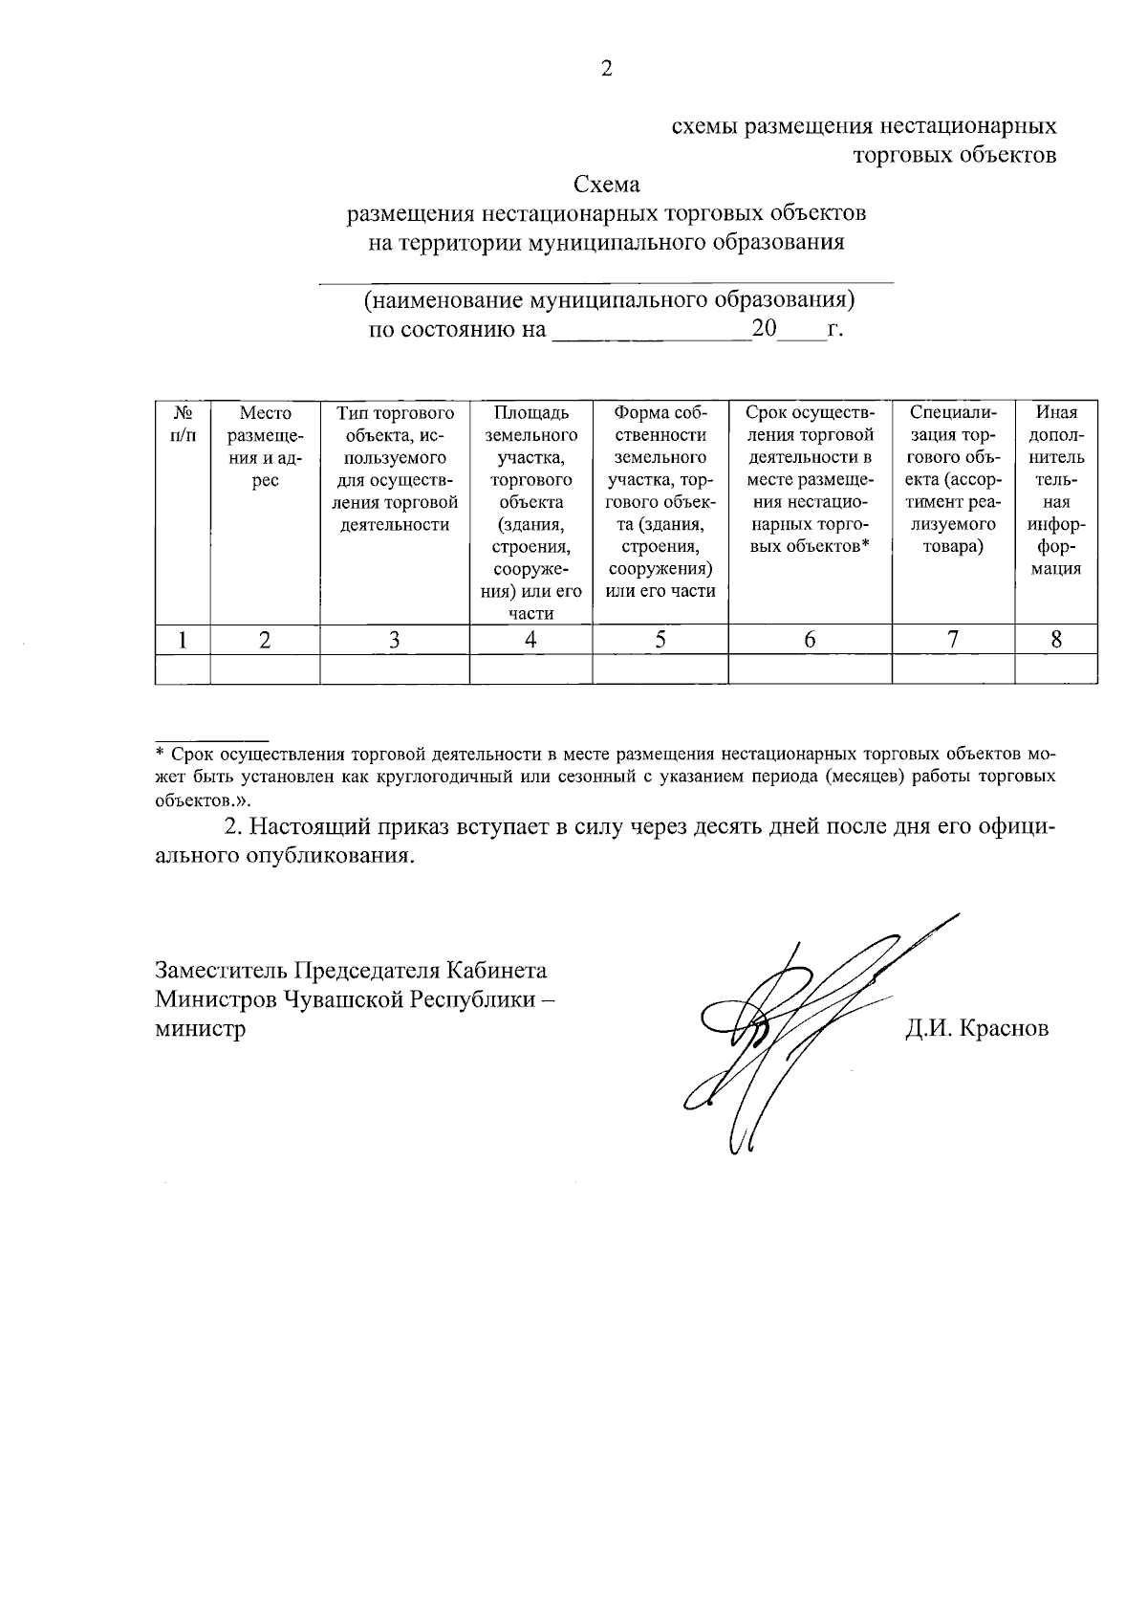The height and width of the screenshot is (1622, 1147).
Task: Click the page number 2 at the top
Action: [x=606, y=69]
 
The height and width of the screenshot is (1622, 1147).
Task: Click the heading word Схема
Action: [x=606, y=184]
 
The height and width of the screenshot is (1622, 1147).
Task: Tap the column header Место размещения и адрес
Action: [x=265, y=447]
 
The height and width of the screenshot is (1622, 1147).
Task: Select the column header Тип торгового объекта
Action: [x=394, y=469]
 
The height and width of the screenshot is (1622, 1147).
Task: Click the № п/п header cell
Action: [x=183, y=424]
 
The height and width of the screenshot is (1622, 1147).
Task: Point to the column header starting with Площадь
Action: [x=530, y=513]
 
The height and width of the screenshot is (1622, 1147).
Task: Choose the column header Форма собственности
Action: [x=660, y=502]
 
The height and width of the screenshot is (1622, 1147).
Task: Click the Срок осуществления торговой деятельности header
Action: [x=810, y=480]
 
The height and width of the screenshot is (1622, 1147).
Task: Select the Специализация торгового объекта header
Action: [x=953, y=480]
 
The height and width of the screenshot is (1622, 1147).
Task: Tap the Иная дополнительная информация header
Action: [x=1055, y=491]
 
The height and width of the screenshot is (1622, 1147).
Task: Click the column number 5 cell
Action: [x=660, y=640]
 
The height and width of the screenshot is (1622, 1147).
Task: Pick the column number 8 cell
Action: [x=1055, y=640]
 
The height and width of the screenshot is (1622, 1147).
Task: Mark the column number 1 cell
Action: [x=183, y=640]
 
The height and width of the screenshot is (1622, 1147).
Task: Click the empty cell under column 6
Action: [x=810, y=669]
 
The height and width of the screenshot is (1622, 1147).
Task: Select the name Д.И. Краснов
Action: [x=977, y=1029]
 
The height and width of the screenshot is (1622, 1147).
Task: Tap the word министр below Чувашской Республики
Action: [x=200, y=1029]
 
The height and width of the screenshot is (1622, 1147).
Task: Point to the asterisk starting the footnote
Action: [x=161, y=752]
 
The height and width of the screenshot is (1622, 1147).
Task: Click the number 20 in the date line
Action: [x=766, y=330]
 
